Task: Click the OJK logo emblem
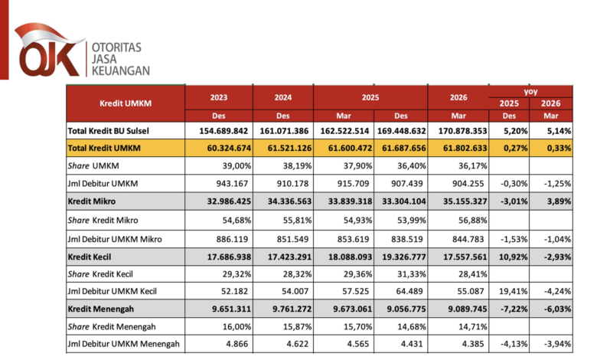[x=49, y=50]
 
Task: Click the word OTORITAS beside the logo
[x=116, y=47]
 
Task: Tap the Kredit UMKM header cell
[x=126, y=103]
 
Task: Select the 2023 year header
[x=219, y=97]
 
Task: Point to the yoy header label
[x=530, y=91]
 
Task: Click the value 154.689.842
[x=223, y=131]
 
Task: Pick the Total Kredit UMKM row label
[x=104, y=148]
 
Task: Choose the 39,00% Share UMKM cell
[x=237, y=165]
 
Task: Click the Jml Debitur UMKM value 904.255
[x=468, y=184]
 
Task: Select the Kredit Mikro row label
[x=91, y=201]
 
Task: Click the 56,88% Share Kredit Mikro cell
[x=472, y=220]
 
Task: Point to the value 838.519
[x=407, y=239]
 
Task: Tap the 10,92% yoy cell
[x=514, y=257]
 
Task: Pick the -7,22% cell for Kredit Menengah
[x=514, y=309]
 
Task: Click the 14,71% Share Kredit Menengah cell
[x=472, y=327]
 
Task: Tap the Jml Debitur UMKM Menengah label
[x=123, y=344]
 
